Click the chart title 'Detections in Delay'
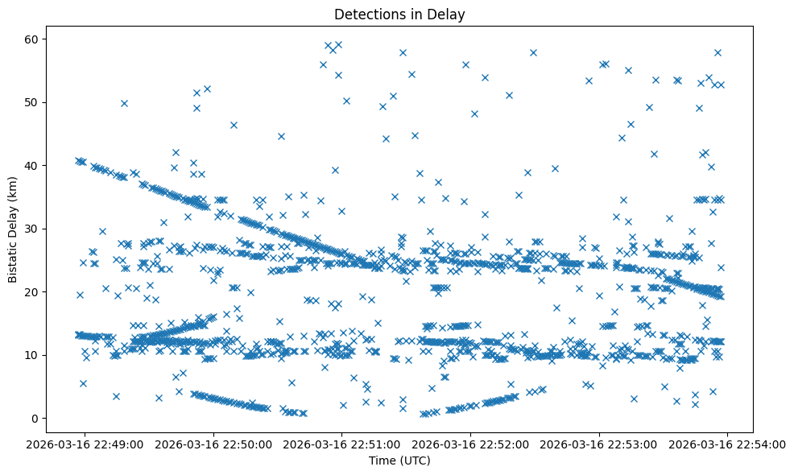(x=399, y=14)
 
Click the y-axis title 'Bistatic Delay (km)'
(x=13, y=229)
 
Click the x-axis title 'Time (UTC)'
(x=399, y=461)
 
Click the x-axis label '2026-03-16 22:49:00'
(x=85, y=444)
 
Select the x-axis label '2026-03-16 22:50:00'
(x=213, y=444)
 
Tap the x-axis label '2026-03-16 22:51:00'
(x=341, y=444)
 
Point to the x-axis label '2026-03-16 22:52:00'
(x=470, y=444)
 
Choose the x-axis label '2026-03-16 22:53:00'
(x=598, y=444)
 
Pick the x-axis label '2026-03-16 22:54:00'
(x=727, y=444)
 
